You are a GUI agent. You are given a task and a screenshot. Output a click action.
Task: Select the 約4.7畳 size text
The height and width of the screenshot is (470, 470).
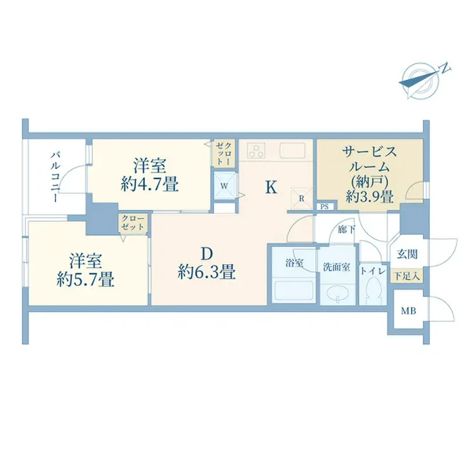point(149,185)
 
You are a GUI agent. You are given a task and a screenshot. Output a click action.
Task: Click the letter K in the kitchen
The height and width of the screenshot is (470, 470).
point(271,187)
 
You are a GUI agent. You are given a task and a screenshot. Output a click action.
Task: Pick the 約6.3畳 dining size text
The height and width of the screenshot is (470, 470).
point(207,272)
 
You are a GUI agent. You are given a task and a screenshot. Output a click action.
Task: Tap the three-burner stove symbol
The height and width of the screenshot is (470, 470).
point(258,151)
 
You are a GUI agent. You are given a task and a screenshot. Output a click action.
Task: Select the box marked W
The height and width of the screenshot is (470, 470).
point(225,186)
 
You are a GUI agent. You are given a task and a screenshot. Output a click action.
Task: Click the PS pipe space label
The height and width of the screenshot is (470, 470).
point(325,206)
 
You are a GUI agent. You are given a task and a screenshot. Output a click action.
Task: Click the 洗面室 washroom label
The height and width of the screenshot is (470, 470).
point(337,267)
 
